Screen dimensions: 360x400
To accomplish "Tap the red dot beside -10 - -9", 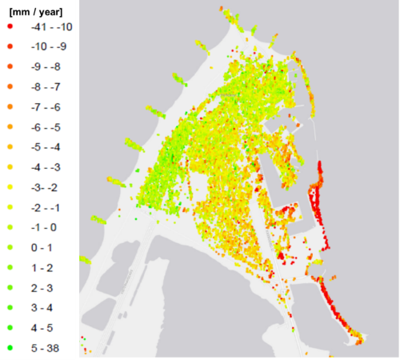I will click(x=10, y=46).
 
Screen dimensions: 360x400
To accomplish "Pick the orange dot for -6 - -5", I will click(x=10, y=126).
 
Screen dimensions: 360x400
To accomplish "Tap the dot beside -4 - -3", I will click(x=10, y=166).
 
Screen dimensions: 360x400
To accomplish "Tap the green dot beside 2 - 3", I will click(x=10, y=286).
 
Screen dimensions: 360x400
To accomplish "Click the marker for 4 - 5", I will click(x=10, y=326).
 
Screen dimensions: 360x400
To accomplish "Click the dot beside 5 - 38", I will click(x=10, y=346).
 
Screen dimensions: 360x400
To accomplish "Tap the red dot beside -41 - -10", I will click(x=10, y=26).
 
